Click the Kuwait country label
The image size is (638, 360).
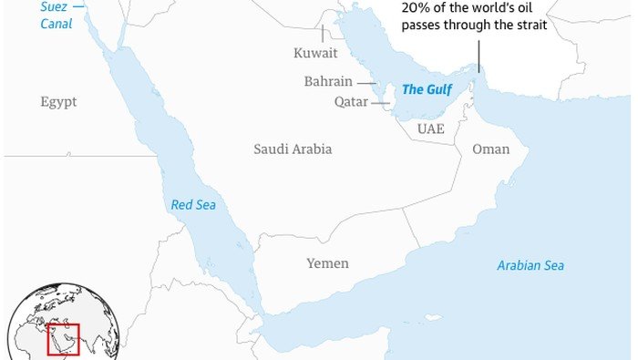click(x=315, y=54)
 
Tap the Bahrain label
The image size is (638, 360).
click(x=328, y=82)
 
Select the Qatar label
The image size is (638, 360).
click(x=349, y=103)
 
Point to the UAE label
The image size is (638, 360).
click(x=431, y=129)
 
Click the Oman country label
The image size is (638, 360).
click(x=490, y=149)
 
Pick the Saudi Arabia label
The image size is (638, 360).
click(x=293, y=149)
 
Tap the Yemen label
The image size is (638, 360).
click(x=327, y=263)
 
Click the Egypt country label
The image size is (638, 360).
click(x=58, y=101)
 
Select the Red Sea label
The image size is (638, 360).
click(x=193, y=205)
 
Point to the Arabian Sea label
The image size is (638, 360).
click(x=530, y=266)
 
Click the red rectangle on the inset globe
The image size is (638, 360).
click(x=64, y=338)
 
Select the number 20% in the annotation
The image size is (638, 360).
click(x=416, y=8)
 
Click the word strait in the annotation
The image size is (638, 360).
click(x=529, y=26)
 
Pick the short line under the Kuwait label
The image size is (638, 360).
click(x=321, y=36)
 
